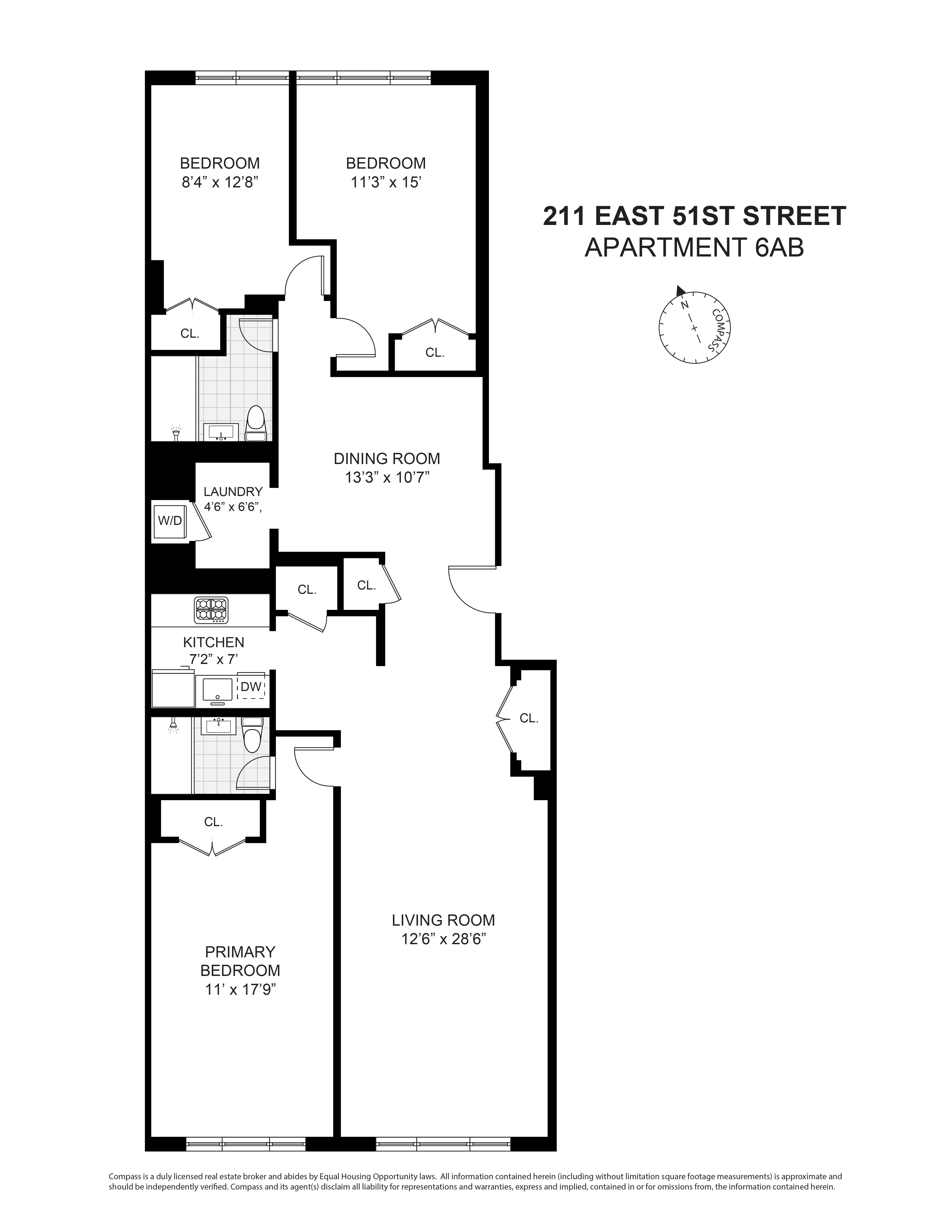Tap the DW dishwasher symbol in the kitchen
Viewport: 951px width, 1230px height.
(251, 687)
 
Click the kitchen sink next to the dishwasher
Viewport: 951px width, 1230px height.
(217, 689)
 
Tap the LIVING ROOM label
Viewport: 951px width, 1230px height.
(443, 920)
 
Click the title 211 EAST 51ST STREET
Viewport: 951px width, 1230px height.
(694, 216)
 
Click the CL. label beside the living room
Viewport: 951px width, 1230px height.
(529, 718)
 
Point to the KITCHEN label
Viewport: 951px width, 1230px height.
(213, 642)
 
